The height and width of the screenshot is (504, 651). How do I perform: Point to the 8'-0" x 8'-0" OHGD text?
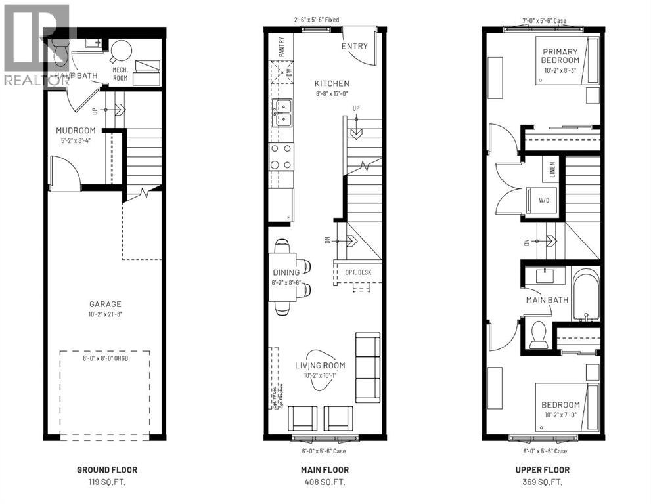[x=104, y=358]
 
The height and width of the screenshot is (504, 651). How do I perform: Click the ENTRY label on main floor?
[x=353, y=47]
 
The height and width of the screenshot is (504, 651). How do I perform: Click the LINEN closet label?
[x=552, y=171]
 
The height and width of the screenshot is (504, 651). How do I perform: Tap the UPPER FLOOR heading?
[x=542, y=469]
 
